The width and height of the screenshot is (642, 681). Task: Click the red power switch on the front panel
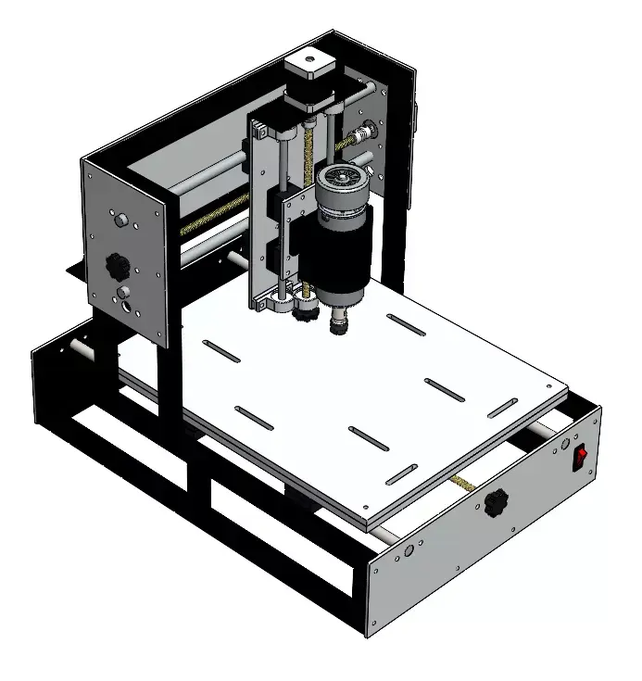[581, 456]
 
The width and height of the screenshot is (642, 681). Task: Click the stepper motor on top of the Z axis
[307, 79]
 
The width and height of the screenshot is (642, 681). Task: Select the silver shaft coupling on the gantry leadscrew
[369, 133]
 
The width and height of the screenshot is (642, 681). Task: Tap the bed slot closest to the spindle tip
[406, 325]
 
